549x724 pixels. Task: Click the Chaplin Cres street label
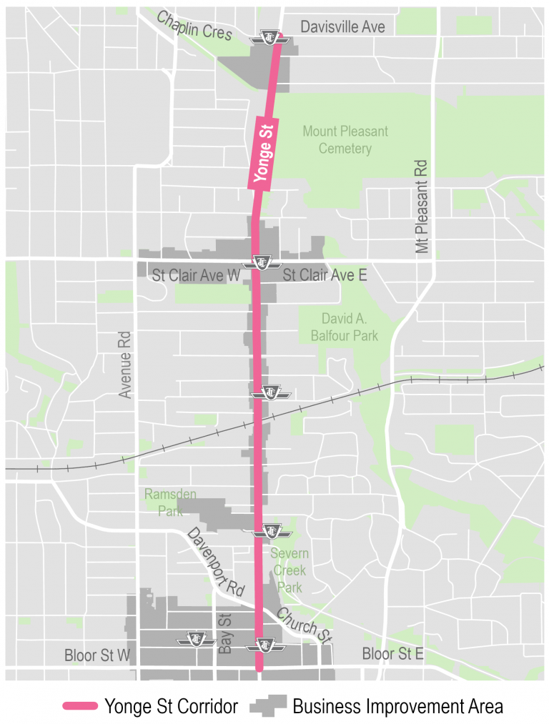[194, 26]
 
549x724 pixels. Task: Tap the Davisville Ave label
[342, 26]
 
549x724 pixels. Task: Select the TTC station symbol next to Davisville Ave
[272, 39]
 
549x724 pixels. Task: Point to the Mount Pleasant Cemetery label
[345, 140]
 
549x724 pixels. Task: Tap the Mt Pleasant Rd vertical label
[422, 207]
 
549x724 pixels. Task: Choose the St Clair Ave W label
[196, 276]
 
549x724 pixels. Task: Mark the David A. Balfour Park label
[349, 326]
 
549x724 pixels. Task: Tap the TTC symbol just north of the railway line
[271, 392]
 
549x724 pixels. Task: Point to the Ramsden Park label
[170, 502]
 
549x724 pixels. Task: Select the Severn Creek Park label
[290, 570]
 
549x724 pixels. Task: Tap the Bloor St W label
[98, 655]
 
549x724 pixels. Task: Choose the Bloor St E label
[393, 654]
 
